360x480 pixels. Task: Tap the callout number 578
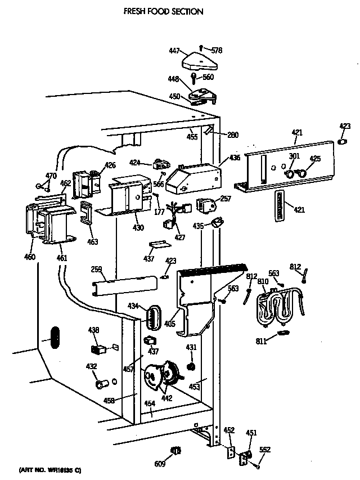click(217, 51)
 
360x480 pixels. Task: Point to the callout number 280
click(233, 135)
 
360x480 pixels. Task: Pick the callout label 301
click(294, 156)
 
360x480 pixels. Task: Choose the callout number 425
click(315, 159)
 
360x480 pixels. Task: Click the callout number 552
click(265, 450)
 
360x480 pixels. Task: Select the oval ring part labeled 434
click(153, 317)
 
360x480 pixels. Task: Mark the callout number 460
click(29, 257)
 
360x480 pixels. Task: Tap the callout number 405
click(170, 324)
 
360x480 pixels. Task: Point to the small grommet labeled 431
click(191, 367)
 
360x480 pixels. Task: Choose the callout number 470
click(51, 176)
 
